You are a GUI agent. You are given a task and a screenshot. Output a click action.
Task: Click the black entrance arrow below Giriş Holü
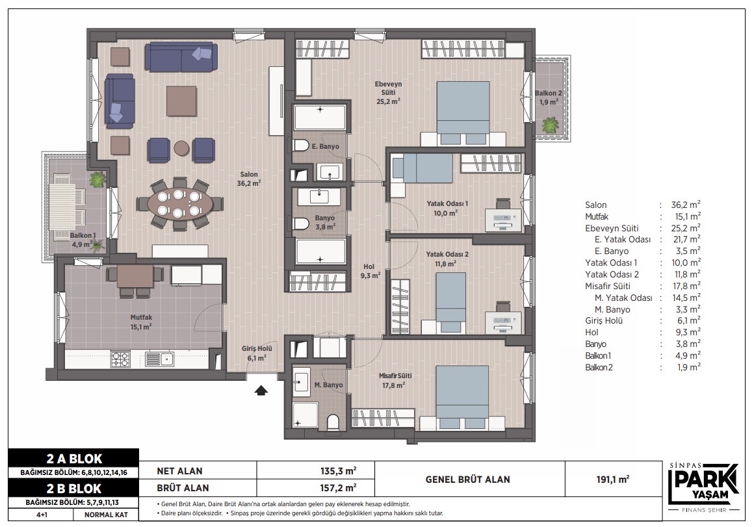[261, 391]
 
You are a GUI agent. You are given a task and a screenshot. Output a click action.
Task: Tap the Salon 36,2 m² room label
[248, 179]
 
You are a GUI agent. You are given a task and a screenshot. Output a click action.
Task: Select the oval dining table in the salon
[180, 203]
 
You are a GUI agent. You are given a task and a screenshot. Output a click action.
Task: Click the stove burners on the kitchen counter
[120, 358]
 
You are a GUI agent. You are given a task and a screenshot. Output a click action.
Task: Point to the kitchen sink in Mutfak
[160, 358]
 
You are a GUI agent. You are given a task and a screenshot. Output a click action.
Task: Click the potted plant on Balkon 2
[549, 125]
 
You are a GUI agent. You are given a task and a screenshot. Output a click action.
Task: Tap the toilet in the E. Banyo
[300, 145]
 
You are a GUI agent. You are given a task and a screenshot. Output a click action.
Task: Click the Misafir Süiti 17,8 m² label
[395, 380]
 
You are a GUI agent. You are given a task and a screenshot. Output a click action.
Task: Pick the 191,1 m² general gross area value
[612, 480]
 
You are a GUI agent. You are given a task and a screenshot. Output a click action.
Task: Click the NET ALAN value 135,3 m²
[339, 470]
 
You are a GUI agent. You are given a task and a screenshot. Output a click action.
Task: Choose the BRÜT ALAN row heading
[183, 488]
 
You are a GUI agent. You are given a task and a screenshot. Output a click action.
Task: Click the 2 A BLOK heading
[74, 459]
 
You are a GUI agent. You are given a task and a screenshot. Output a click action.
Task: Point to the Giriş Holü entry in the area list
[603, 321]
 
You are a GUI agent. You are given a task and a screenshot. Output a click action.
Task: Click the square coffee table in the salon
[182, 101]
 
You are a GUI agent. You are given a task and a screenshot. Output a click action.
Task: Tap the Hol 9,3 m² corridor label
[369, 271]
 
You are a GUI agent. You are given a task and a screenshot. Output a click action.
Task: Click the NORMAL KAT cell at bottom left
[106, 515]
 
